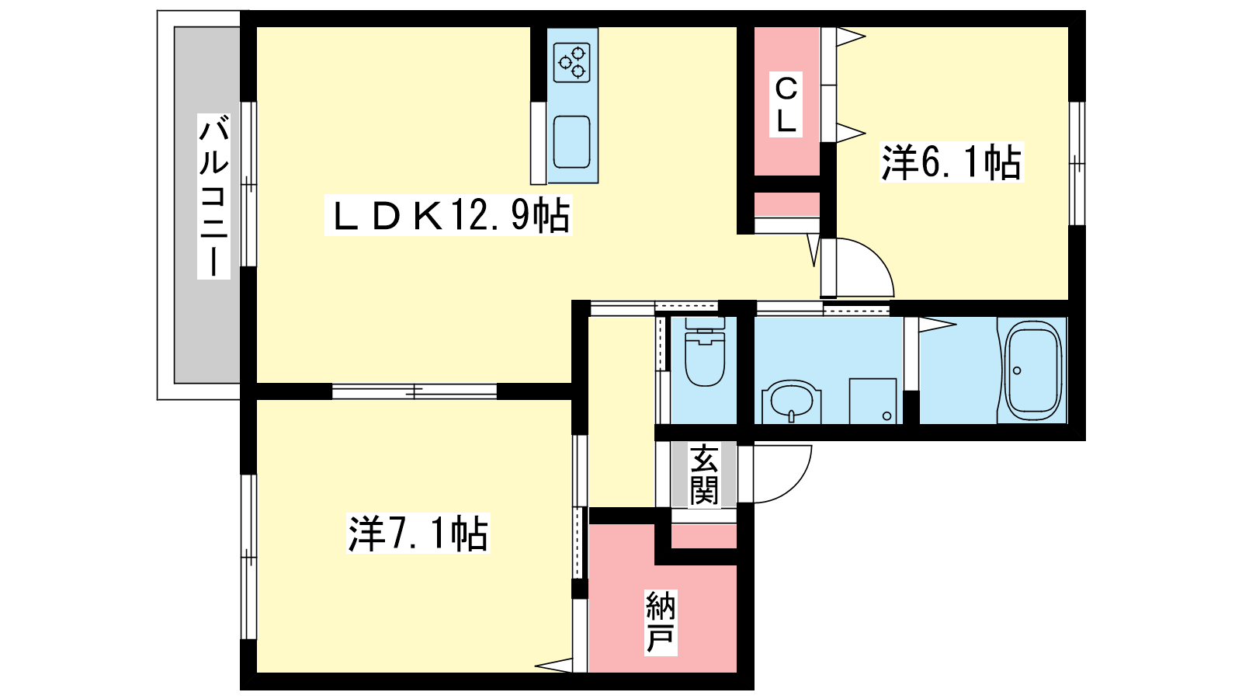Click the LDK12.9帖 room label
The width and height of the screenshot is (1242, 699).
pyautogui.click(x=449, y=216)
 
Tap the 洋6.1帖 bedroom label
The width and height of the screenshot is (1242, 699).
pyautogui.click(x=952, y=163)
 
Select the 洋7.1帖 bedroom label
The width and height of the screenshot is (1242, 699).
pyautogui.click(x=418, y=534)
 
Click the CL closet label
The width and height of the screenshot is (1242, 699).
pyautogui.click(x=786, y=106)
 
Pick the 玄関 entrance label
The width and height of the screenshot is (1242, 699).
pyautogui.click(x=704, y=475)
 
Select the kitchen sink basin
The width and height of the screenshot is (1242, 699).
pyautogui.click(x=571, y=142)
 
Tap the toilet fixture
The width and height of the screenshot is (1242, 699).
pyautogui.click(x=705, y=352)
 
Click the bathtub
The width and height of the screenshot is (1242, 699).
pyautogui.click(x=1032, y=370)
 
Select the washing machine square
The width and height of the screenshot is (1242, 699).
pyautogui.click(x=873, y=401)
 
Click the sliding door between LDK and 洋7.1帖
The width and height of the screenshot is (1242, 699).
pyautogui.click(x=415, y=391)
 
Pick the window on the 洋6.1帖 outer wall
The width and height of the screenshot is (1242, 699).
pyautogui.click(x=1077, y=164)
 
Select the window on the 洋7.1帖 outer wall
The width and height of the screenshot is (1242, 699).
pyautogui.click(x=248, y=557)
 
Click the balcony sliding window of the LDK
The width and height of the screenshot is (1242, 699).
pyautogui.click(x=248, y=184)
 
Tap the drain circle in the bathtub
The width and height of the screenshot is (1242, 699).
pyautogui.click(x=1017, y=370)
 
